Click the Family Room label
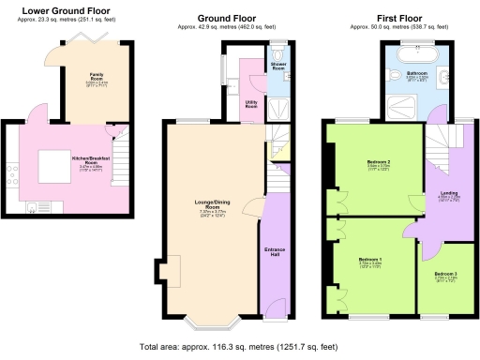[x=97, y=74]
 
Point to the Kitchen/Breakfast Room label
[x=91, y=160]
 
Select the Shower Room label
[x=278, y=67]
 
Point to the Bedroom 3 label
[x=445, y=275]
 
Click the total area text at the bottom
[x=239, y=347]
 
